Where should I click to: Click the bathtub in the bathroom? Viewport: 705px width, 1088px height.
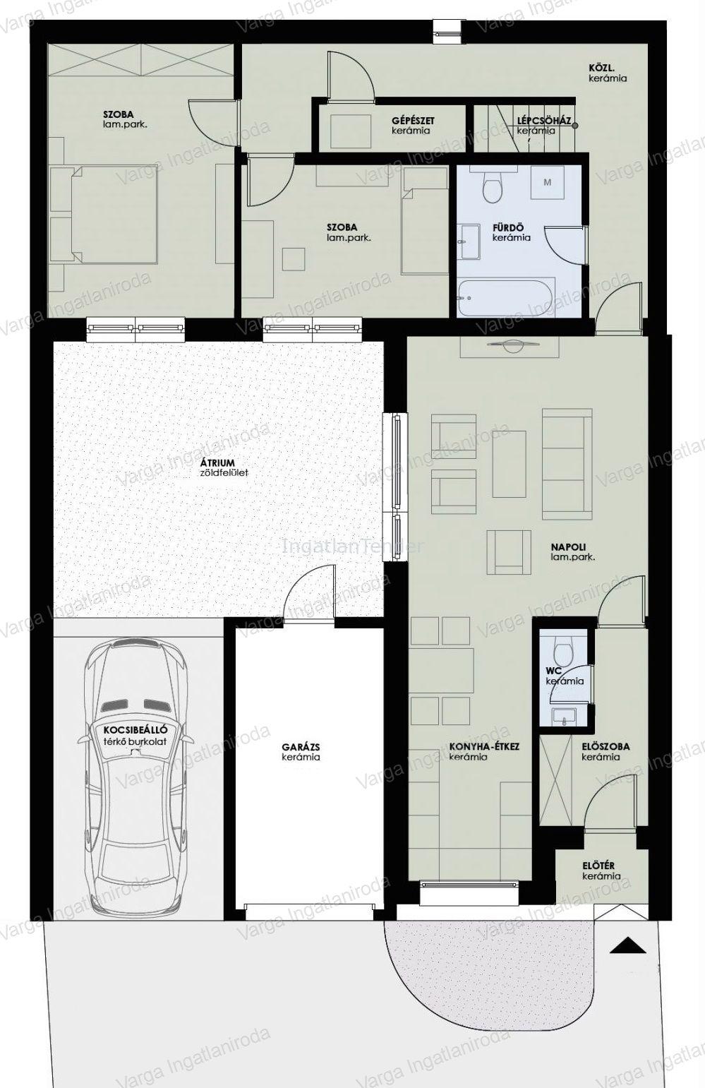point(505,297)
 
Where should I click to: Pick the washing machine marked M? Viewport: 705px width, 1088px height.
point(547,182)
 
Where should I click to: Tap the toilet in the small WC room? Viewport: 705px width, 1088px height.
point(564,654)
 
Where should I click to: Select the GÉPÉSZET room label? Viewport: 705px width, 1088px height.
point(414,121)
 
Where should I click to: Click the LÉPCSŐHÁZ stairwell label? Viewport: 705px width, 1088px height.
point(544,121)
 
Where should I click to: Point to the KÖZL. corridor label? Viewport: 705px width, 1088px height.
point(598,68)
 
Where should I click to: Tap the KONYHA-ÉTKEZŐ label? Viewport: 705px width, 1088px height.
point(484,746)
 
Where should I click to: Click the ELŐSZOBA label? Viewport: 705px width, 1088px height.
point(605,746)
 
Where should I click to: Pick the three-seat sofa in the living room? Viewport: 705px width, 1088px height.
point(567,465)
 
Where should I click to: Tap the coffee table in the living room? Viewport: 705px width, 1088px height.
point(510,464)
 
